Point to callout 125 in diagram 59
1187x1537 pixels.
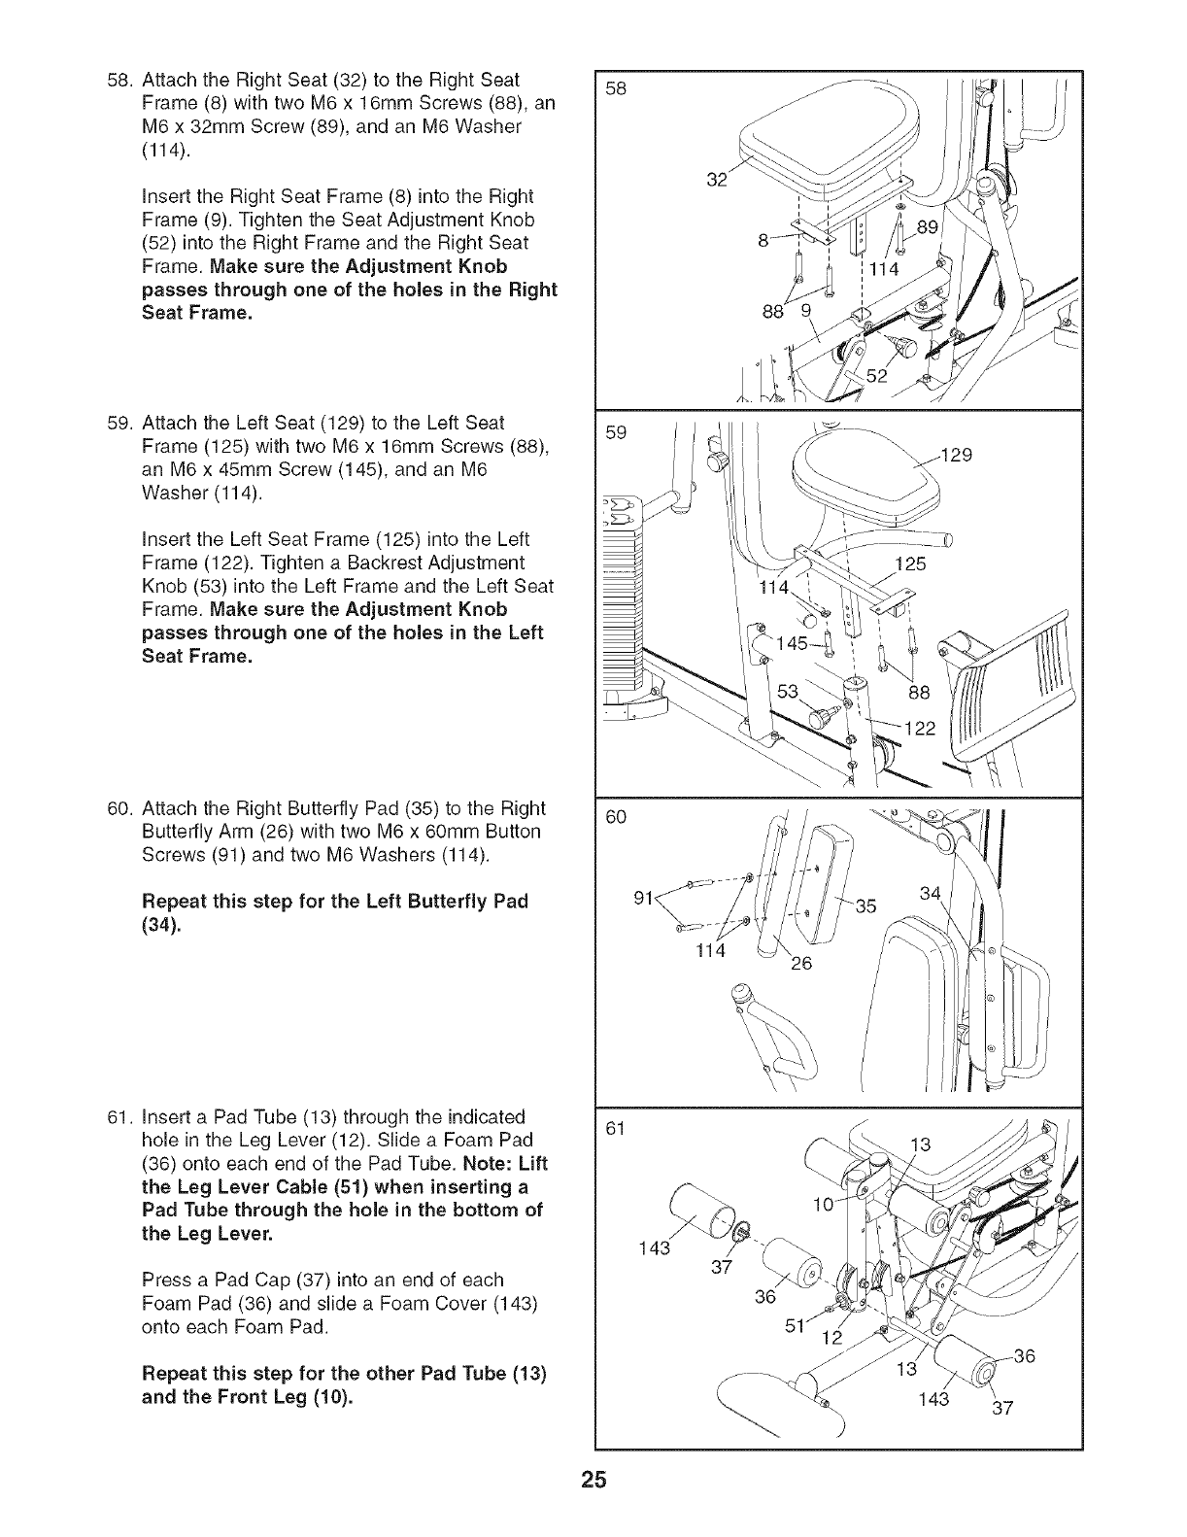[x=910, y=564]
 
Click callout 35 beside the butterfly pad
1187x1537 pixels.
[x=865, y=906]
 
